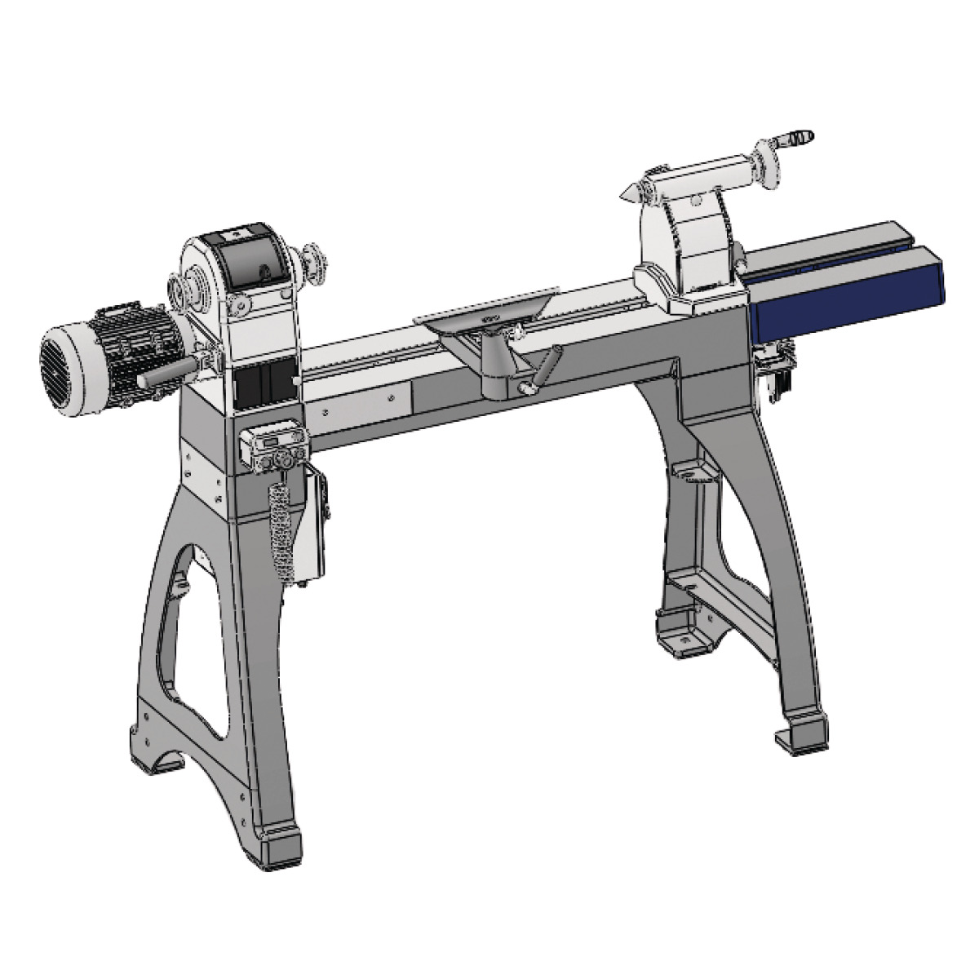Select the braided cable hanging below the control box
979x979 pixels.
point(281,530)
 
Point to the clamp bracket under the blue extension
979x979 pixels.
point(775,367)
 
